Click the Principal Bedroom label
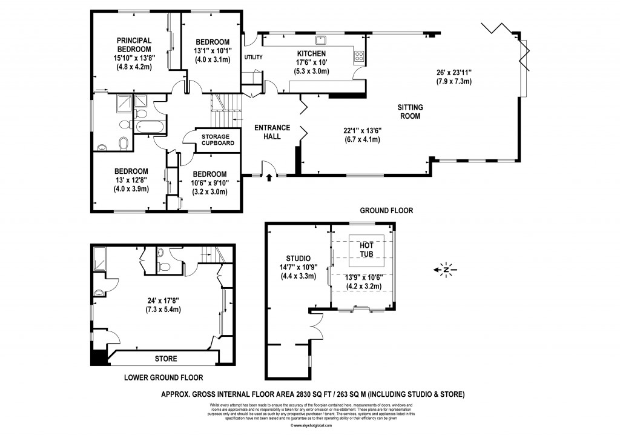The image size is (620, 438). click(134, 45)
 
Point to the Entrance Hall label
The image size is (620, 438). click(271, 132)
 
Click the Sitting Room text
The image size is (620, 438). click(409, 111)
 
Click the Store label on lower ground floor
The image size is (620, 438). click(166, 359)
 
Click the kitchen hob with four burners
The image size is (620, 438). click(357, 57)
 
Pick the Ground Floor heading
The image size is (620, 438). click(386, 211)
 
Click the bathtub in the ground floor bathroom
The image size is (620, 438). click(148, 127)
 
